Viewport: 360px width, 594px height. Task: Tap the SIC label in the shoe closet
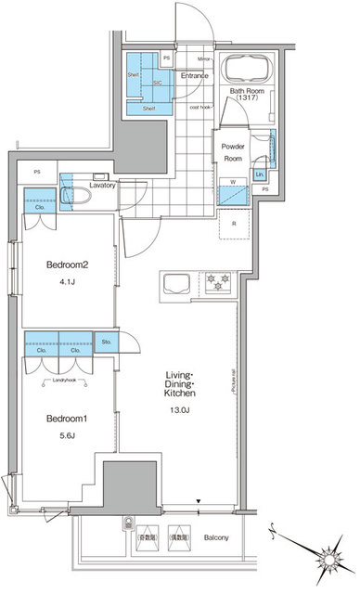click(x=158, y=82)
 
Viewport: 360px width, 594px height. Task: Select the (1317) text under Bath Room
click(x=247, y=97)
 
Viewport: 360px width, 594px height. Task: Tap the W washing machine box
click(x=231, y=181)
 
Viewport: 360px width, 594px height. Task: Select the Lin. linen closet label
click(x=259, y=174)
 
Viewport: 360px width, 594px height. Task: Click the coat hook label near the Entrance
click(x=200, y=107)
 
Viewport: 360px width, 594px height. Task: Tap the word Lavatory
click(x=103, y=186)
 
